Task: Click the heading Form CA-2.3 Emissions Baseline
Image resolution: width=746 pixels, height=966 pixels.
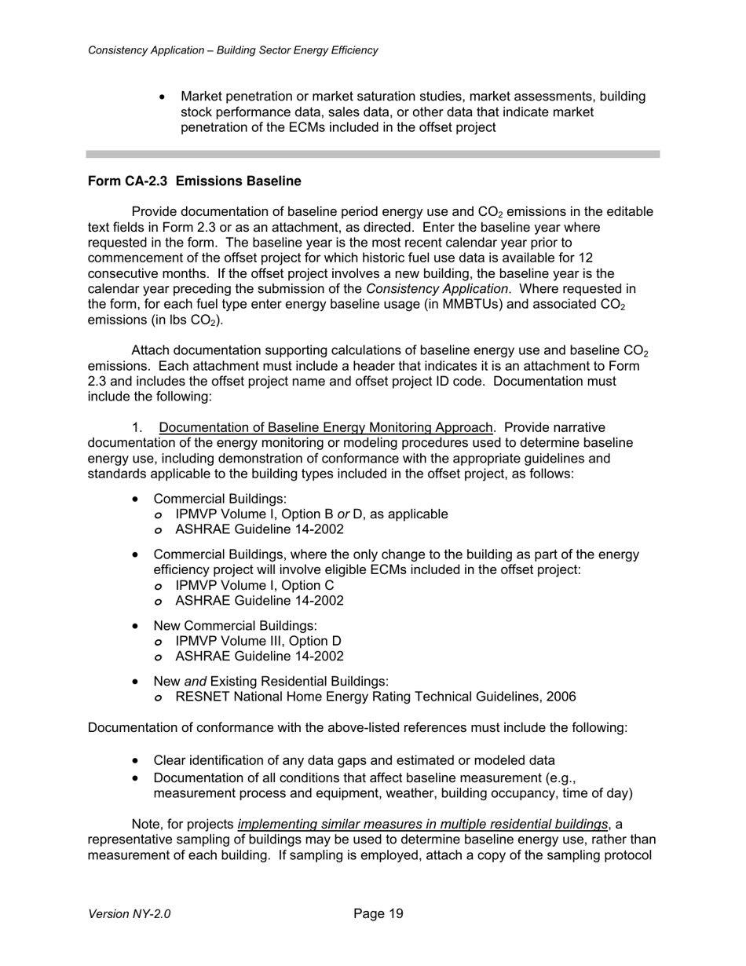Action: (x=194, y=181)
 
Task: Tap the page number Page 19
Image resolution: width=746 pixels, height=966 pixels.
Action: (x=378, y=913)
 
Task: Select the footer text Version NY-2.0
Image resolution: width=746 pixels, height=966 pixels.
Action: (x=129, y=914)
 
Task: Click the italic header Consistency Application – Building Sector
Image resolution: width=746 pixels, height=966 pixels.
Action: (x=232, y=50)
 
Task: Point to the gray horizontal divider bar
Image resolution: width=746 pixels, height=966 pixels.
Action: (x=372, y=154)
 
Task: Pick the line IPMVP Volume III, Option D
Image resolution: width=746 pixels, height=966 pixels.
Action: (x=258, y=641)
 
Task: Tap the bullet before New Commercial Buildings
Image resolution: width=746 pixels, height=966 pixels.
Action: (x=137, y=626)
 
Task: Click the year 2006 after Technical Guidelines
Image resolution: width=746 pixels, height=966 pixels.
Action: (x=561, y=697)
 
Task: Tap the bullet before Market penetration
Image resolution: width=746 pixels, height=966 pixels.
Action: (x=163, y=97)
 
